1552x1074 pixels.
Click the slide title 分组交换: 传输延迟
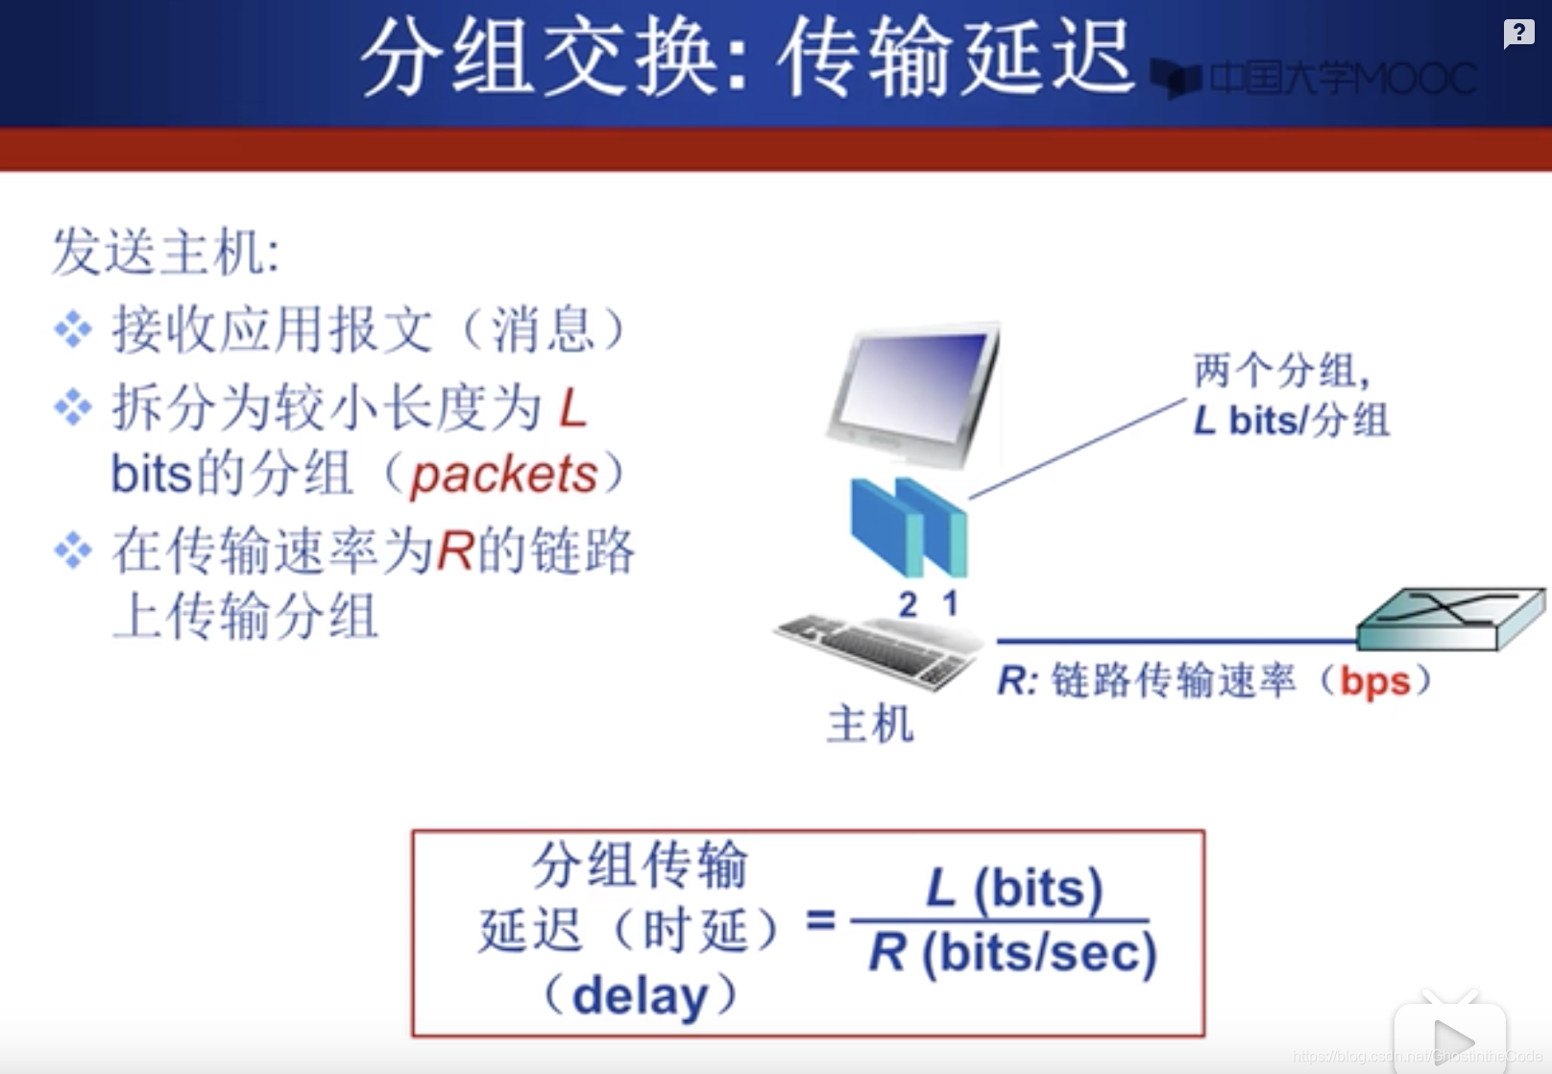748,57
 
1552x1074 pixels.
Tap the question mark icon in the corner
1518,34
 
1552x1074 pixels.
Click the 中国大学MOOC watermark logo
1314,79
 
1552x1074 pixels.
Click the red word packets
503,476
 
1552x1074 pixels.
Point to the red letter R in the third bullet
455,551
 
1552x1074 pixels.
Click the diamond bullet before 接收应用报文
73,330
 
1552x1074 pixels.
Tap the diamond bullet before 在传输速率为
73,550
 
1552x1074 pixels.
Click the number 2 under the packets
909,604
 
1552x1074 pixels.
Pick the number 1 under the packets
951,603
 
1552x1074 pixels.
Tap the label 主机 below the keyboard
871,724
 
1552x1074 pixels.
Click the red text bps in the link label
1375,682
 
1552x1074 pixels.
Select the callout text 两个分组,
1282,370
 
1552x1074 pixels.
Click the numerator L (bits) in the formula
1013,888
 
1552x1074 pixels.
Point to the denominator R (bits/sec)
1012,953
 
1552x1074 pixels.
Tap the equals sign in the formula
820,921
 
